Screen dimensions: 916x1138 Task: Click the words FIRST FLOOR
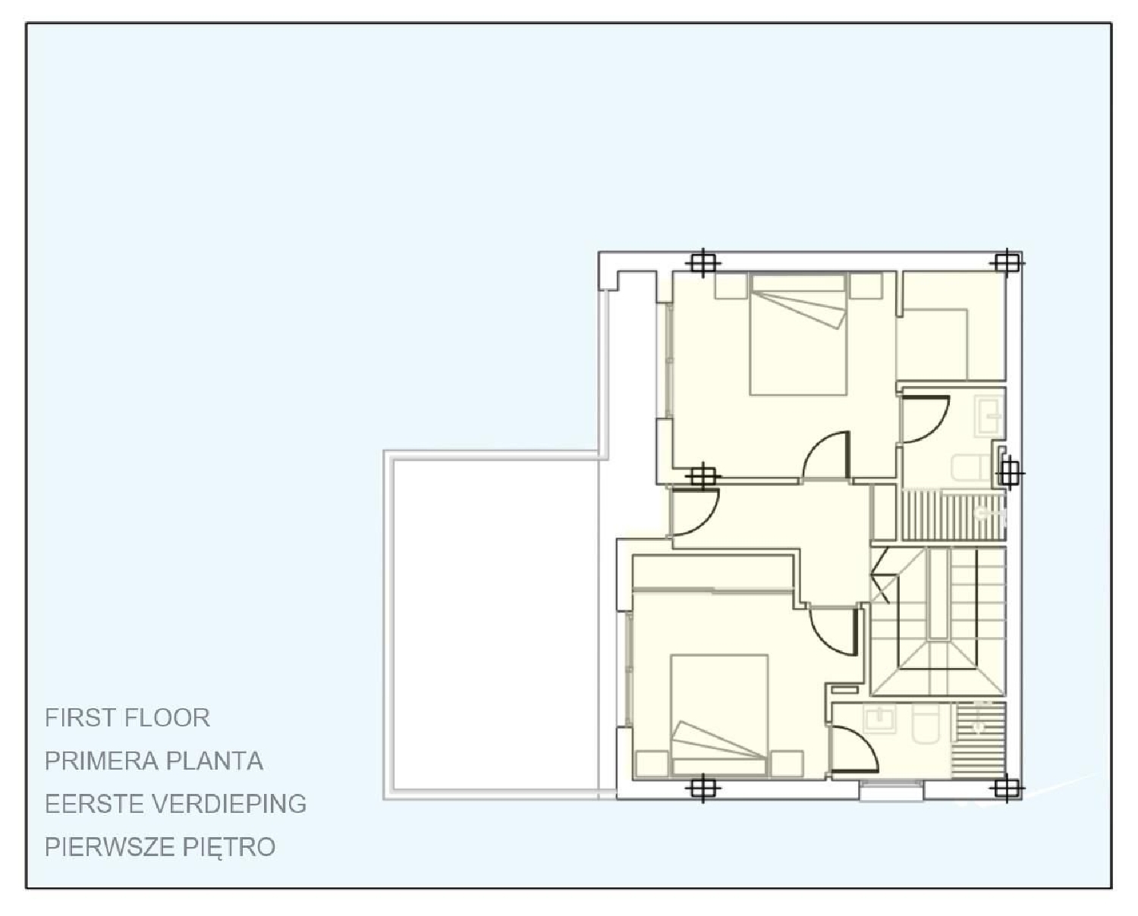(x=127, y=717)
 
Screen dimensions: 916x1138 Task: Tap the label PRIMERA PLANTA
(x=154, y=761)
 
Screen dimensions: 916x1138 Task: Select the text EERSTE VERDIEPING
(x=175, y=804)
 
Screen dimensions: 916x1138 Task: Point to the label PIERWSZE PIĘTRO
(x=160, y=847)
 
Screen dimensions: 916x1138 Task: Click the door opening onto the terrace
(x=694, y=513)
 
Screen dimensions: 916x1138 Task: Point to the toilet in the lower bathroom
(x=926, y=724)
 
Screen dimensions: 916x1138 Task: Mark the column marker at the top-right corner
(x=1006, y=262)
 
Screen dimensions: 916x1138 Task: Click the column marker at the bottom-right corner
(x=1006, y=789)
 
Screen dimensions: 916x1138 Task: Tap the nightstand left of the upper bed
(x=731, y=286)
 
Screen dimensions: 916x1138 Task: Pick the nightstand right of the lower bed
(x=787, y=763)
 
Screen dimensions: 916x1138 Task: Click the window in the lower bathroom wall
(x=891, y=791)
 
